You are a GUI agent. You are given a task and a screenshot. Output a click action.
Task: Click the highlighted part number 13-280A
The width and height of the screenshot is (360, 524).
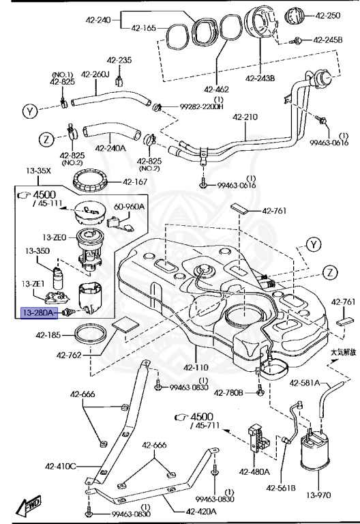pyautogui.click(x=41, y=312)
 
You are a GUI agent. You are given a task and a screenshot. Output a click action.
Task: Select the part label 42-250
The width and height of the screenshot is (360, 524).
pyautogui.click(x=329, y=14)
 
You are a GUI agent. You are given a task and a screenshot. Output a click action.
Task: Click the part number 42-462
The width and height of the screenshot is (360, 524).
pyautogui.click(x=217, y=88)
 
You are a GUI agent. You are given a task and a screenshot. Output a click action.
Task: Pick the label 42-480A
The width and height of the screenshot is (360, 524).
pyautogui.click(x=254, y=471)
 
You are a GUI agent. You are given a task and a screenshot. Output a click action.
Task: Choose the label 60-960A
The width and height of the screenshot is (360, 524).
pyautogui.click(x=129, y=205)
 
